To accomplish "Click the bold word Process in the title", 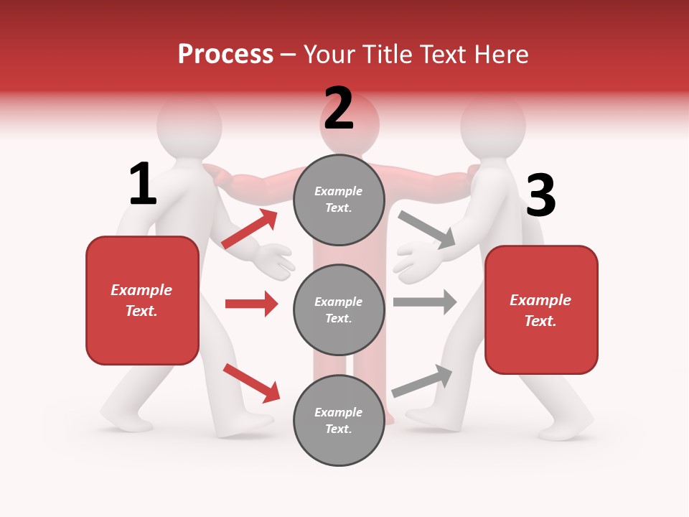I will tap(225, 55).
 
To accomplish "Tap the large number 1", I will tap(143, 184).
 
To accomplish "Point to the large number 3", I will tap(540, 195).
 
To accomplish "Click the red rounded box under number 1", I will tap(142, 300).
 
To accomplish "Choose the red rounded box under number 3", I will tap(541, 309).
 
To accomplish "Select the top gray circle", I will tap(339, 200).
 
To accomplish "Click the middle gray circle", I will tap(339, 309).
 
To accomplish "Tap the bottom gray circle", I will tap(339, 420).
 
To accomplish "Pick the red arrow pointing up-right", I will tap(249, 229).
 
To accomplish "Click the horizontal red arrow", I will tap(251, 304).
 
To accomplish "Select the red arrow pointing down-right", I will tap(251, 383).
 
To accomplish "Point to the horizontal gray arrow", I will tap(425, 302).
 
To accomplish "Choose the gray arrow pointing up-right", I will tap(422, 381).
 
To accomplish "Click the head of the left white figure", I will tap(189, 124).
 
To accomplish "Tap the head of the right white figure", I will tap(493, 124).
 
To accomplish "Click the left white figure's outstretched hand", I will tap(275, 260).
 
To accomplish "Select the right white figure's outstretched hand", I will tap(416, 260).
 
